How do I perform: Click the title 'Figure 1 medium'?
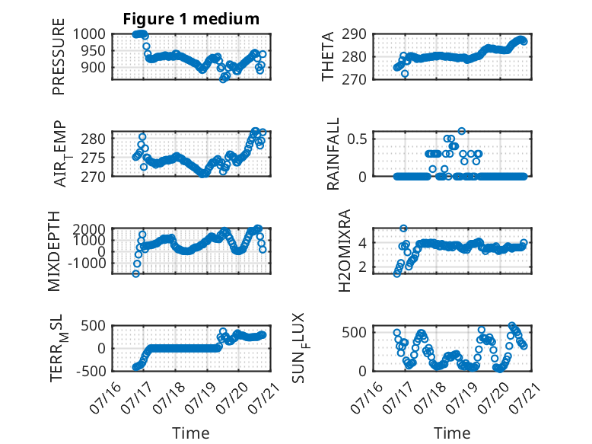[x=191, y=19]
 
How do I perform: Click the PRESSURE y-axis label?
[x=59, y=56]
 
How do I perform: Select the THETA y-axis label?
[x=328, y=56]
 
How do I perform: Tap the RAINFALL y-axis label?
[x=333, y=154]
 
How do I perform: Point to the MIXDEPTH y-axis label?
[x=54, y=251]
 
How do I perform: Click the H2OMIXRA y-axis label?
[x=345, y=251]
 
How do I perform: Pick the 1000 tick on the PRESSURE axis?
[x=89, y=34]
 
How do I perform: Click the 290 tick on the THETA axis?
[x=354, y=34]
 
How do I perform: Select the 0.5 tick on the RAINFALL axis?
[x=357, y=139]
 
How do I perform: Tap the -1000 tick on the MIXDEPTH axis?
[x=87, y=264]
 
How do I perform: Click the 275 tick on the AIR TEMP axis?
[x=94, y=158]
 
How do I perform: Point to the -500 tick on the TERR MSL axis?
[x=91, y=371]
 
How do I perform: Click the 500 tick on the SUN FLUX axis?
[x=354, y=333]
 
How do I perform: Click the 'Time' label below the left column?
[x=191, y=433]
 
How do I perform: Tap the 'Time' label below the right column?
[x=452, y=433]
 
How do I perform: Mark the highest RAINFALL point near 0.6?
[x=461, y=131]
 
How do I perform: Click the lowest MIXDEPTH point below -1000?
[x=136, y=274]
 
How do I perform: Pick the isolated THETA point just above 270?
[x=405, y=74]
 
